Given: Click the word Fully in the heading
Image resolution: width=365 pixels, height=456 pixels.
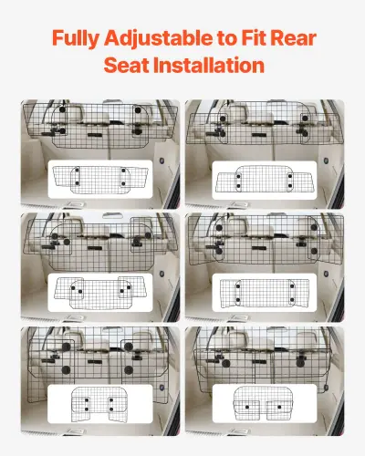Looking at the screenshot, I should [77, 39].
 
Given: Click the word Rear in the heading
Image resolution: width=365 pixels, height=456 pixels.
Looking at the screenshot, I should [297, 39].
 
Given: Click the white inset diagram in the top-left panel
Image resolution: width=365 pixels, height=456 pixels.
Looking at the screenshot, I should [99, 180].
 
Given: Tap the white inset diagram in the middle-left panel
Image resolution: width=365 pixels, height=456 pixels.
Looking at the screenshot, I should [99, 292].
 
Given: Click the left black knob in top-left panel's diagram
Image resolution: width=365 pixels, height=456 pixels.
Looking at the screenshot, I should [79, 173].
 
